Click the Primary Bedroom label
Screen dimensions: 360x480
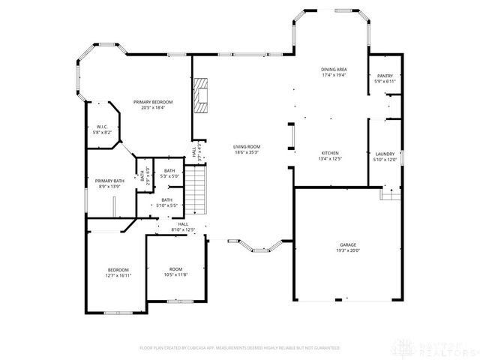click(x=153, y=102)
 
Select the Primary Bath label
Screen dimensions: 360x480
click(x=109, y=181)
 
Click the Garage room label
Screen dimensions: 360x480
click(x=348, y=245)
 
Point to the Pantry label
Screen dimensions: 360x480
click(x=385, y=76)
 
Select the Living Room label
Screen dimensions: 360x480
click(x=245, y=147)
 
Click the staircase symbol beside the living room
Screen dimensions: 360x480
click(x=195, y=190)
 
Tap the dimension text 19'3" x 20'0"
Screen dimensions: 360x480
click(x=348, y=250)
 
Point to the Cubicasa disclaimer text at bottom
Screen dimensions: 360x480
click(x=240, y=348)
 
